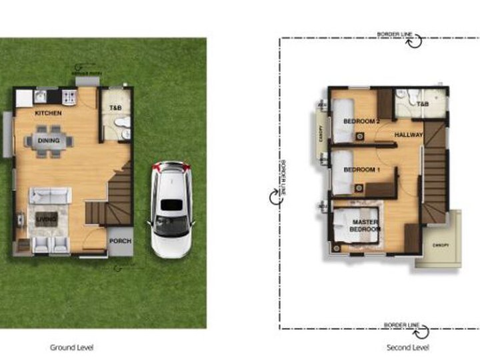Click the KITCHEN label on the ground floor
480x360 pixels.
tap(48, 113)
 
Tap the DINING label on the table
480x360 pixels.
tap(49, 141)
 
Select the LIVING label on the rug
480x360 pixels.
tap(45, 219)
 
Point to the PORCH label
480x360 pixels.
tap(121, 241)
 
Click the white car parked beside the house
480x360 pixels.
tap(170, 209)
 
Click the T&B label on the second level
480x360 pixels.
tap(422, 105)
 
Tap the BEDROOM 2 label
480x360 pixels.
tap(361, 121)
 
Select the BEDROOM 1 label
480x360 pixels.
tap(361, 170)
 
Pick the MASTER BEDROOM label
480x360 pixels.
tap(365, 225)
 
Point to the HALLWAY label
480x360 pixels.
tap(409, 135)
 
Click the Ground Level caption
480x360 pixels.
tap(71, 347)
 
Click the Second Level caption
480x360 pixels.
tap(407, 347)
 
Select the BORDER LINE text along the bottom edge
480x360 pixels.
tap(400, 325)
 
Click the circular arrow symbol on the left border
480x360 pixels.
tap(275, 197)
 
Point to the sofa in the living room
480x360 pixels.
tap(49, 195)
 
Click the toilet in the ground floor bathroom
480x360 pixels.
tap(121, 123)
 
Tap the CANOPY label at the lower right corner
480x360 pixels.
tap(439, 246)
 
